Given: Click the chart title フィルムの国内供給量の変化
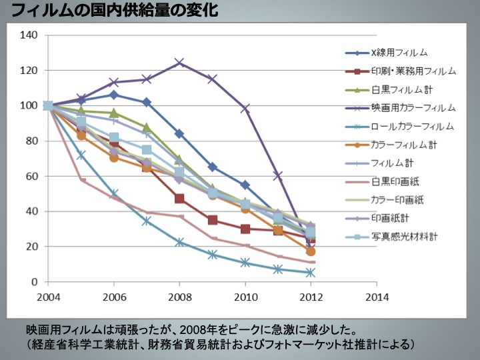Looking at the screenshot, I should coord(113,11).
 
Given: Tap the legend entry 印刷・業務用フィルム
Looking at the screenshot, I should coord(413,71).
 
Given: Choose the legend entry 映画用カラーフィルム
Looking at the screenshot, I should coord(413,107).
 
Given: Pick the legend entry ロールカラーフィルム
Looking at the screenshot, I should coord(413,126).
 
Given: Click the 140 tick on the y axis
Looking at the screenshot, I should coord(29,35).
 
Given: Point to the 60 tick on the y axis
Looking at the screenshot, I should coord(32,176).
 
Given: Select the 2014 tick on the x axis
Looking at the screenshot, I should coord(376,296).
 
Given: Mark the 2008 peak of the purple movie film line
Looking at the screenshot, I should coord(179,63).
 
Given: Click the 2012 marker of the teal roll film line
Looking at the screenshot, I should coord(311,273).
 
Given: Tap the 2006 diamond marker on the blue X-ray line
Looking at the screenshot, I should coord(114,95).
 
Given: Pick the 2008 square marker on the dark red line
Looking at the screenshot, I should coord(179,199).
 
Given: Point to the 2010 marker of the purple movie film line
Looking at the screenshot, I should coord(245,109).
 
